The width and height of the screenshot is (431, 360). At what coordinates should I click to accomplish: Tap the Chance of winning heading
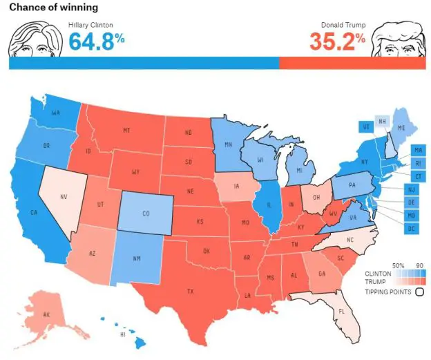(53, 8)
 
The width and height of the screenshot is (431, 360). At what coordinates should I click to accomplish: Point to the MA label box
(417, 150)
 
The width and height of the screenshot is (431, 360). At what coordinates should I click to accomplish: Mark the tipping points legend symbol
(419, 292)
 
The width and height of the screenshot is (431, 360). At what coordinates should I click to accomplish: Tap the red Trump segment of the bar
(352, 62)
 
